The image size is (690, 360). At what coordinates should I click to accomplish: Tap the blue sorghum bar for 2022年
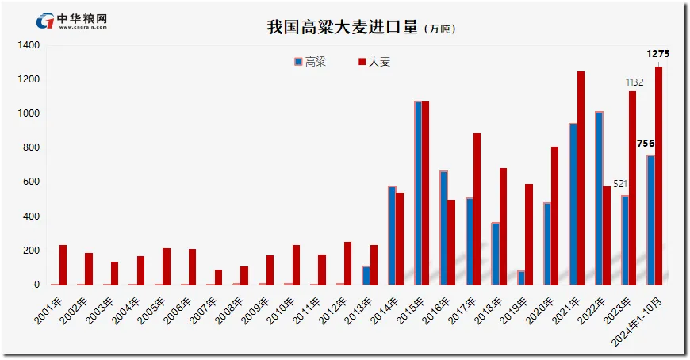599,197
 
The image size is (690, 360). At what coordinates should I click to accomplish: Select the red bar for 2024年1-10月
659,175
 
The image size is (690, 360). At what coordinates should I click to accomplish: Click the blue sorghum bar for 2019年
521,278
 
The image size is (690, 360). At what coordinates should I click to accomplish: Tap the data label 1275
658,54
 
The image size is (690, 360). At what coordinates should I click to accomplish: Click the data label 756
646,144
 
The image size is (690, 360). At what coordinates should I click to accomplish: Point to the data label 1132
634,82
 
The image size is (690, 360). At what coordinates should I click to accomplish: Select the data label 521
620,184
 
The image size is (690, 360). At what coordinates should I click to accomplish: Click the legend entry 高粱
310,62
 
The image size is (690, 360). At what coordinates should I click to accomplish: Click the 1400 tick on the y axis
29,46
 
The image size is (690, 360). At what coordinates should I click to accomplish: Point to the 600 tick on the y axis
31,182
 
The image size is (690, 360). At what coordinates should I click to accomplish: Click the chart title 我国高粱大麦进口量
343,27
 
